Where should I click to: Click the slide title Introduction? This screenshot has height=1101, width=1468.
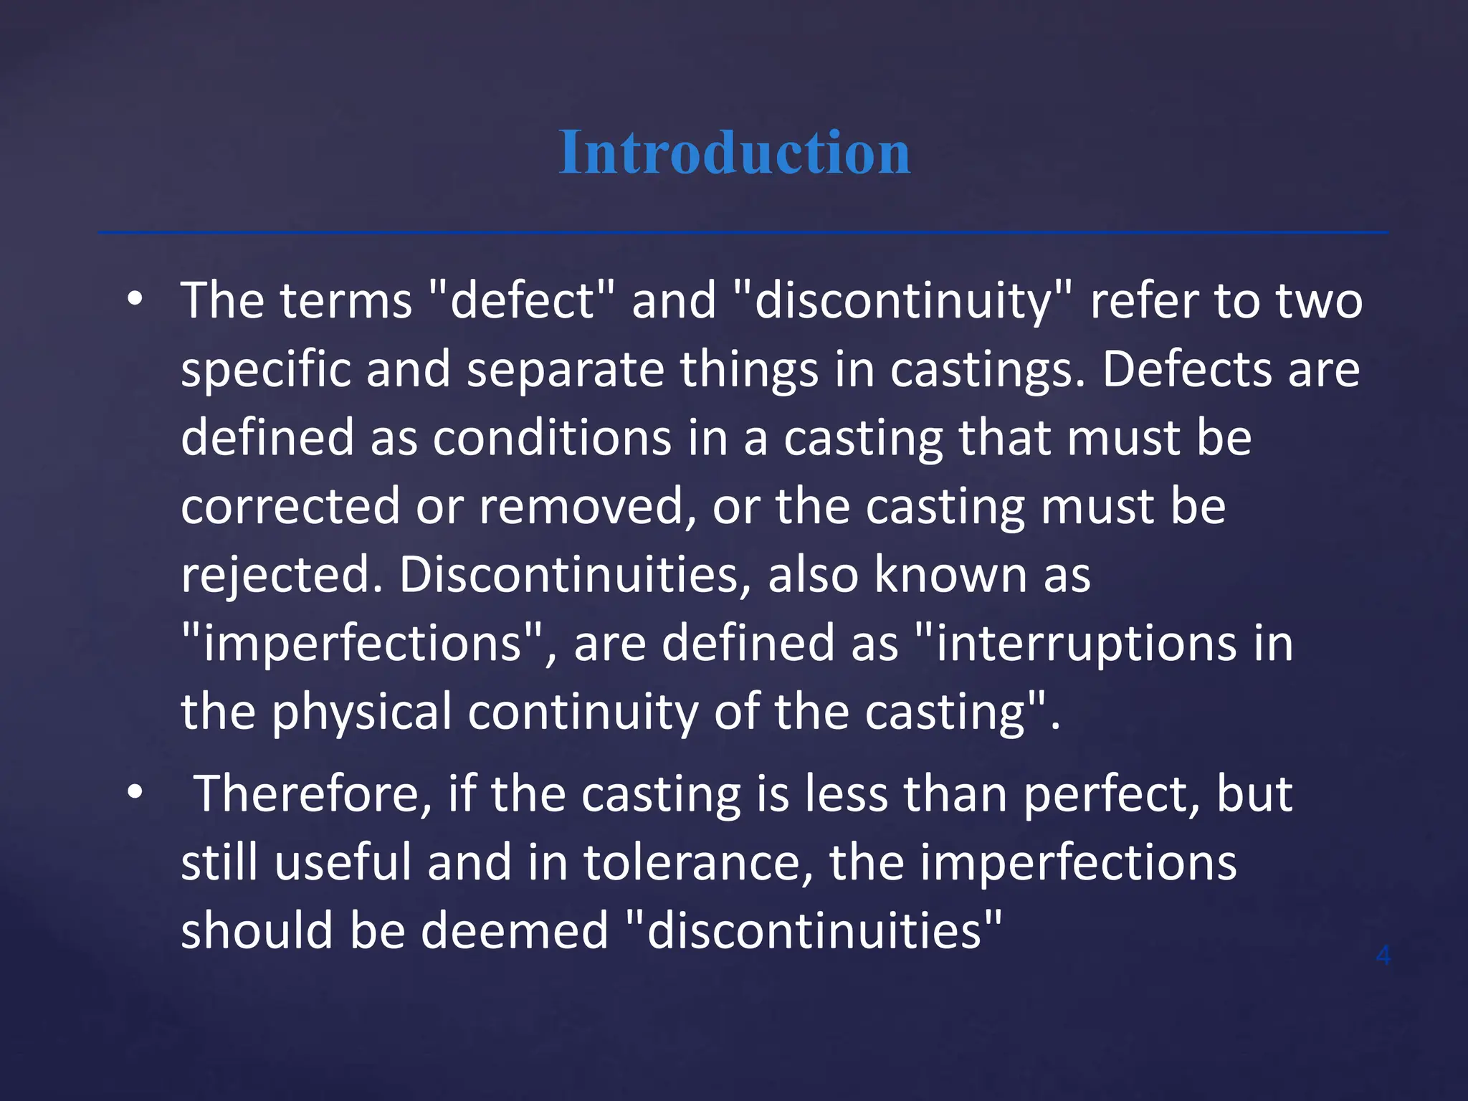tap(734, 152)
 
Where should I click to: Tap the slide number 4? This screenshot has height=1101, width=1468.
tap(1383, 955)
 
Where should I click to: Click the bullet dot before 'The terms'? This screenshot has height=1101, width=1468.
tap(135, 300)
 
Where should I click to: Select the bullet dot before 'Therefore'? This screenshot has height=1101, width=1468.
tap(135, 793)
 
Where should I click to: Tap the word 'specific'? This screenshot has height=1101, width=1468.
tap(265, 370)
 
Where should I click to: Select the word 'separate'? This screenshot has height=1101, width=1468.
tap(566, 370)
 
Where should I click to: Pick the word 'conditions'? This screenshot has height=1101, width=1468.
tap(552, 438)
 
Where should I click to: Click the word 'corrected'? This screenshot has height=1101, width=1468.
tap(290, 507)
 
